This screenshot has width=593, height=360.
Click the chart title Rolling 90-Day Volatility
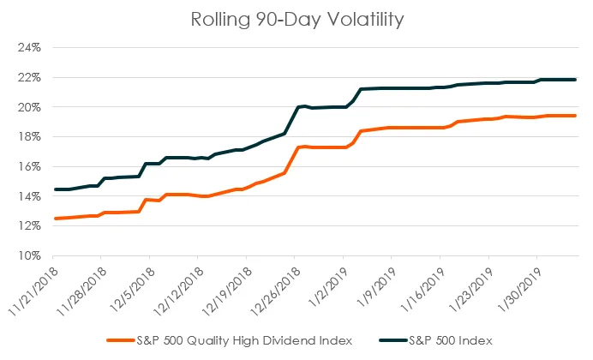point(297,20)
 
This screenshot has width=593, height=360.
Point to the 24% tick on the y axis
point(29,48)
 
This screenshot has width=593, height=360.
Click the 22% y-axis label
point(29,77)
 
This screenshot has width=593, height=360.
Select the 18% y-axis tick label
point(29,137)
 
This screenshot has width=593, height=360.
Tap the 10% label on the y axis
point(29,256)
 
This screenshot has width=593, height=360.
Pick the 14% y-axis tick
point(29,196)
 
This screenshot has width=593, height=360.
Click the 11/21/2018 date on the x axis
point(33,291)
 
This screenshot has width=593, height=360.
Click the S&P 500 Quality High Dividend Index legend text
point(244,341)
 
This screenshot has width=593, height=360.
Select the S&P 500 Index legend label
point(451,341)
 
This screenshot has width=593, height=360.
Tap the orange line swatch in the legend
point(121,341)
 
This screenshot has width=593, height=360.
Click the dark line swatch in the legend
point(393,341)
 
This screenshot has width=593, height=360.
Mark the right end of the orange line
point(575,116)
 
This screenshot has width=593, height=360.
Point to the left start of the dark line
point(56,189)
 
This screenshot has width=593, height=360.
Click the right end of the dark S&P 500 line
point(575,80)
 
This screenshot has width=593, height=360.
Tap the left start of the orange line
point(56,219)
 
